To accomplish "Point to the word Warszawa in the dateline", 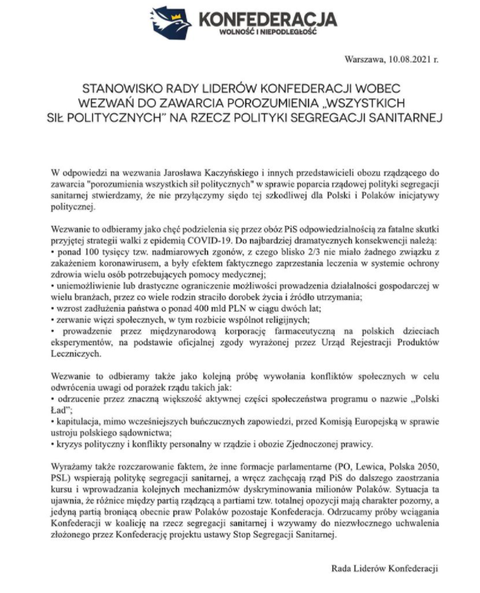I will tap(364, 58).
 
